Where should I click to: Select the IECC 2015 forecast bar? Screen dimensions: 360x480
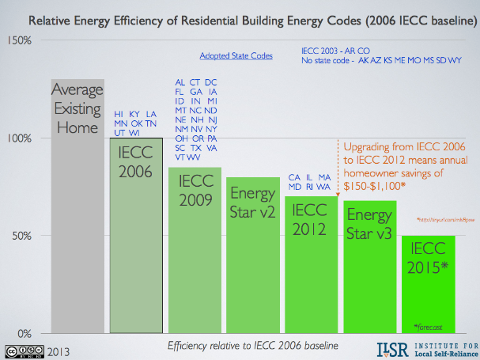point(429,284)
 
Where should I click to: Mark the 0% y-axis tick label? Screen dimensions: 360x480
point(25,333)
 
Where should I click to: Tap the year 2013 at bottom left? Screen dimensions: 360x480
point(59,349)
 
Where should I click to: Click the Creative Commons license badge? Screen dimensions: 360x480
point(23,349)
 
